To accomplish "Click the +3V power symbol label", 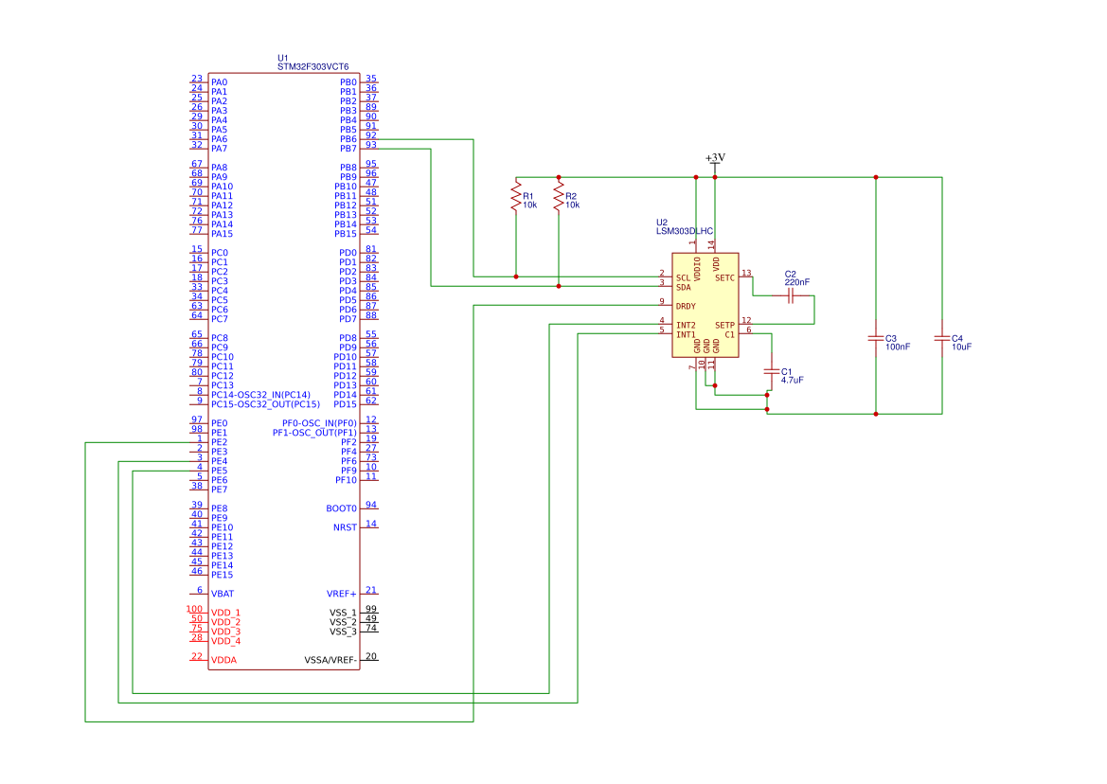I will point(715,157).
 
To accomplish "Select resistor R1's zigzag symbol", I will point(516,197).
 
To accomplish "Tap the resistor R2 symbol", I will point(559,197).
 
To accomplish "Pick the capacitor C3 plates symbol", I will point(876,338).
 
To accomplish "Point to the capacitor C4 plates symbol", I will point(942,338).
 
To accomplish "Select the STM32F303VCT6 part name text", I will point(312,67).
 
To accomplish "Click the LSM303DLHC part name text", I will point(685,231).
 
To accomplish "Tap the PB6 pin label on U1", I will point(348,139).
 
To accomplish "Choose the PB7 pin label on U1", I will point(348,149).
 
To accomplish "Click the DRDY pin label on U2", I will point(686,306).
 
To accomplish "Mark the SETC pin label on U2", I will point(724,278).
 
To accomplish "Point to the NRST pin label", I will point(346,527).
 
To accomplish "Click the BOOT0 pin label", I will point(342,508).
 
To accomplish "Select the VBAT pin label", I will point(223,594).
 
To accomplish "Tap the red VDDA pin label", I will point(223,660).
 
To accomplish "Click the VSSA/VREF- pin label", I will point(330,660).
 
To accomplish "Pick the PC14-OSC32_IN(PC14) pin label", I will point(260,395).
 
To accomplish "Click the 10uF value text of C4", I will point(961,347).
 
